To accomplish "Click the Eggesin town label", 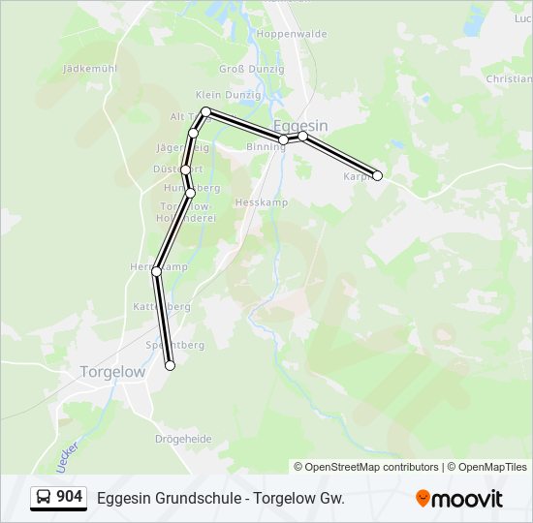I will tap(300, 126).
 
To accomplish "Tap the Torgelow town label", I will tap(112, 372).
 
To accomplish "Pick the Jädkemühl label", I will tap(89, 69).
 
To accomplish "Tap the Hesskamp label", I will tap(256, 203).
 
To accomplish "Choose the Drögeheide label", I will tap(183, 439).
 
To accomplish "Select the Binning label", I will tap(265, 147).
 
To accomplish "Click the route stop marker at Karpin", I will tap(378, 175).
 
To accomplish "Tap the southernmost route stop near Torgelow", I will tap(171, 365).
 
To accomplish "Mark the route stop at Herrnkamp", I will tap(156, 272).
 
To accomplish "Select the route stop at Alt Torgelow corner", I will tap(205, 112).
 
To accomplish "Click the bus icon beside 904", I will tap(45, 498).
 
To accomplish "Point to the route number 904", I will tap(70, 497).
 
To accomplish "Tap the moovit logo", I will tap(459, 498).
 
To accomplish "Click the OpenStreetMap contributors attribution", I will tap(366, 467).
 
